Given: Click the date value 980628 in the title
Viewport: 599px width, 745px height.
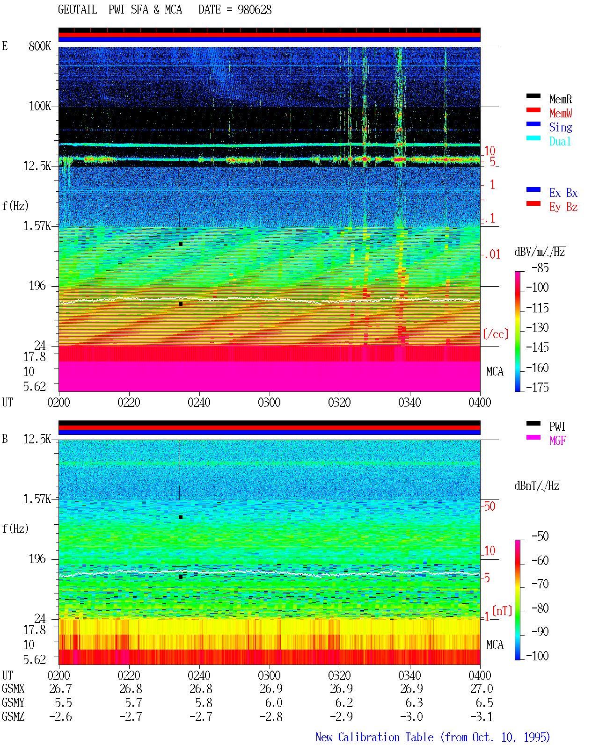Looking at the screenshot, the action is click(x=255, y=10).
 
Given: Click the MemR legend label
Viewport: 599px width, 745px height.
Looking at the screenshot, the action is click(x=561, y=99).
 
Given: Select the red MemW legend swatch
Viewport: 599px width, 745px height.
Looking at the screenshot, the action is click(x=533, y=110).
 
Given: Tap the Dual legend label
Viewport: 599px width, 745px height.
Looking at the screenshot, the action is click(x=560, y=141).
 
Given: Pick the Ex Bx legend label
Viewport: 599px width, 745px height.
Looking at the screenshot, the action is click(x=563, y=193).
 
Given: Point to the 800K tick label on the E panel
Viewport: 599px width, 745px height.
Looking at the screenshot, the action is click(x=40, y=46).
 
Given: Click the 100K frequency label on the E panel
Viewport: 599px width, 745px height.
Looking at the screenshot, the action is click(x=40, y=106).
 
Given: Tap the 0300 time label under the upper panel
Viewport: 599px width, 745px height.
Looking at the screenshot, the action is click(x=269, y=402).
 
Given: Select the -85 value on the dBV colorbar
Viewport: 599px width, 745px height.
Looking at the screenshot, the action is click(x=540, y=268).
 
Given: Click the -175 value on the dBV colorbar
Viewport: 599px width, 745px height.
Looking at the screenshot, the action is click(x=537, y=387).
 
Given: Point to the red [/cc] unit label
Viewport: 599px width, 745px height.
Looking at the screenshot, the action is click(x=496, y=334).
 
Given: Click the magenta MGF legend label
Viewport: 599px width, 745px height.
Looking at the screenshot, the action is click(x=558, y=441).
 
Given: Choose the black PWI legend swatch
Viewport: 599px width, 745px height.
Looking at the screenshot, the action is click(x=533, y=423).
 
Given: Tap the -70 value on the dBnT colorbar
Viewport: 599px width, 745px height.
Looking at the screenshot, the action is click(x=540, y=584).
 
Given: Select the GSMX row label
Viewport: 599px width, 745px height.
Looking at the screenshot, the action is click(x=13, y=688).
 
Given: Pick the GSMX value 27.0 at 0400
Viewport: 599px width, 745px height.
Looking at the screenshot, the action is click(x=482, y=688).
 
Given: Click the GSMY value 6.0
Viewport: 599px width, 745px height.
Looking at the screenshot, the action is click(x=274, y=703).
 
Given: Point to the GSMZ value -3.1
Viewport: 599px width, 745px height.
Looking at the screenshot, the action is click(x=482, y=716).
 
